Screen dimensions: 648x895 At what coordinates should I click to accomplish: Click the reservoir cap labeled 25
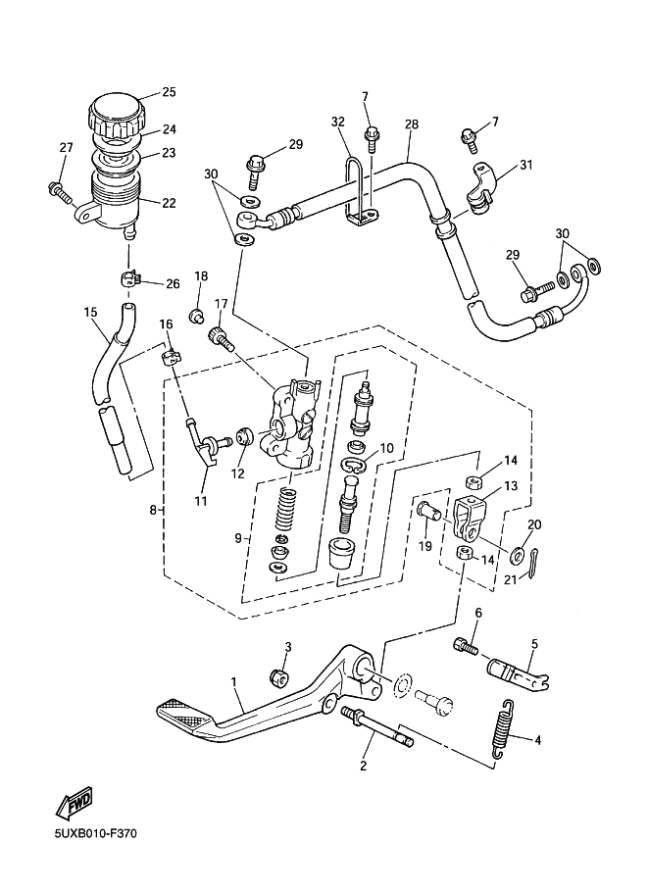pos(117,114)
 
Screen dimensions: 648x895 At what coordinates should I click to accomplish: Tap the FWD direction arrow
pos(74,803)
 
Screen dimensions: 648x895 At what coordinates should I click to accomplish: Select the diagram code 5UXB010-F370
pos(96,834)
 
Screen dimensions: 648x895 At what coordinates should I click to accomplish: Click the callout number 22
pos(169,203)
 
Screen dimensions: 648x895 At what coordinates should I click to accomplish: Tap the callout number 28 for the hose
pos(411,124)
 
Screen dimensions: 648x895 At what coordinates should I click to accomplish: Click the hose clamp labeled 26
pos(130,279)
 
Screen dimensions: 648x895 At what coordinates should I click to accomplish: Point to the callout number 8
pos(153,510)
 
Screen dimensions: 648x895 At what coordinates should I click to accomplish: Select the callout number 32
pos(338,122)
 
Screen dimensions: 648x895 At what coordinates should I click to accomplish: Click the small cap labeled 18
pos(198,315)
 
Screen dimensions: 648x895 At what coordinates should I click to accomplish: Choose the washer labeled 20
pos(519,553)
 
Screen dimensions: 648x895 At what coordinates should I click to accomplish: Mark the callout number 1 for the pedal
pos(233,681)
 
